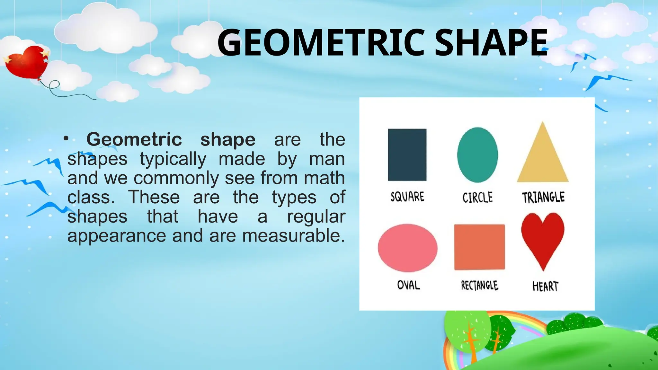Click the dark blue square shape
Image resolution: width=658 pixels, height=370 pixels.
[x=407, y=155]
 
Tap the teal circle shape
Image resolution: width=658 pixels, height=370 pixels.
[x=477, y=155]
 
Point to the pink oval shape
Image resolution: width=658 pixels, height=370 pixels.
[x=407, y=248]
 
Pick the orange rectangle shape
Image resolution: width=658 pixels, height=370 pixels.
[x=479, y=247]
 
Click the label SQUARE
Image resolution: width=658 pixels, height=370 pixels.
[x=407, y=197]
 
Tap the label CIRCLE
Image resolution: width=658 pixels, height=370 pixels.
[x=477, y=197]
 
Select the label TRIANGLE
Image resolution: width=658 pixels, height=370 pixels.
[x=543, y=197]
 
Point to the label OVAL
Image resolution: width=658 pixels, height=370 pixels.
[x=408, y=285]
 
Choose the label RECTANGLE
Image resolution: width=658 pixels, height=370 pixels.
[x=479, y=285]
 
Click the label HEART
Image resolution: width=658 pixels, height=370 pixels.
[x=545, y=286]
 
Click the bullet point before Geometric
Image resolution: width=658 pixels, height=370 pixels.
[x=66, y=139]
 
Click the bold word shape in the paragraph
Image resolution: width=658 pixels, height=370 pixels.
[x=228, y=139]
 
